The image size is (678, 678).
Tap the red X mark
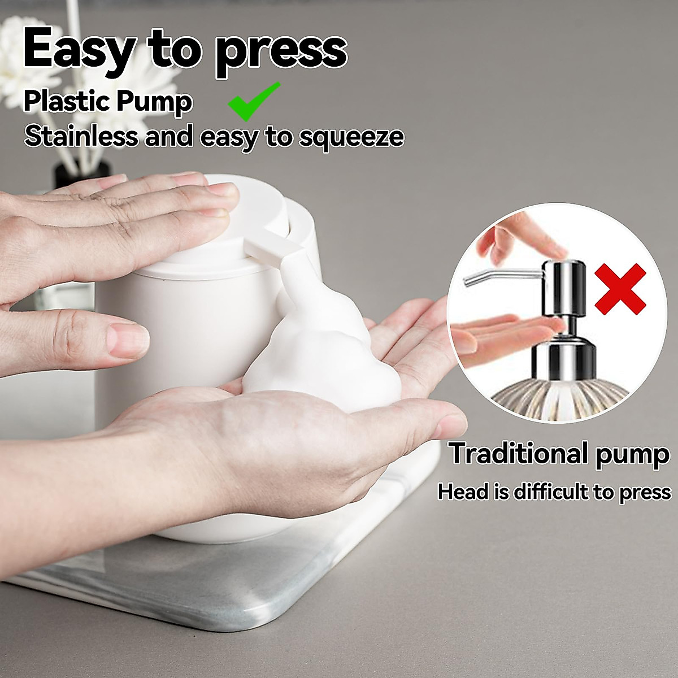[620, 289]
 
